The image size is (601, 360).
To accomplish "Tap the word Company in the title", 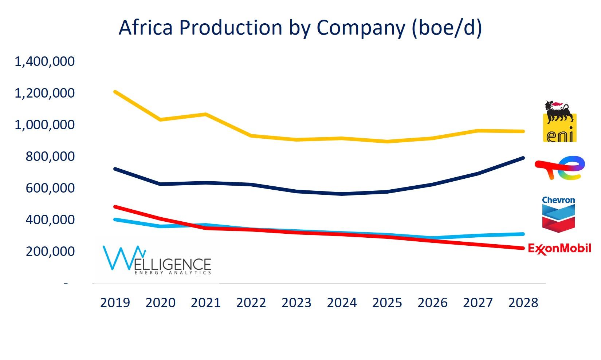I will point(360,28).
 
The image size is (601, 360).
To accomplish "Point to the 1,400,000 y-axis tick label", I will point(44,61).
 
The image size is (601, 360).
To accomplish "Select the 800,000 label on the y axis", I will point(50,157).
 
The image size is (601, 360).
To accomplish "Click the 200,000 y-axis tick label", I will point(50,252).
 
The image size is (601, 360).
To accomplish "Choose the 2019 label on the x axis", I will point(115,303).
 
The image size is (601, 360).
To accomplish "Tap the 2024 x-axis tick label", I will point(342,303).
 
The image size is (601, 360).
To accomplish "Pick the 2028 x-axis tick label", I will point(523,303).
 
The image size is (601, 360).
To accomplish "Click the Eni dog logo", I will point(559,121).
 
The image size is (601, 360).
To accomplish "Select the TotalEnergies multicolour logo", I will point(560,167).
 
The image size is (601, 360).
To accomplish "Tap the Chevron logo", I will point(558,214).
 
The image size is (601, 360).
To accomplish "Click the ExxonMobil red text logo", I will point(559,249).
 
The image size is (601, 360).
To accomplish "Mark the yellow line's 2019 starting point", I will point(115,92).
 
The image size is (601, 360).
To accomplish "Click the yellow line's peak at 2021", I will point(206,114).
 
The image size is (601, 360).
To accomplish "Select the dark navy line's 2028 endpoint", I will point(523,158).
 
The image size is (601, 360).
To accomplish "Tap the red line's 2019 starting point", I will point(115,207).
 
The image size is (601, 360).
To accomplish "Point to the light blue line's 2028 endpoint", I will point(523,234).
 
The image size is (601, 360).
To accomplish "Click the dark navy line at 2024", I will point(342,194).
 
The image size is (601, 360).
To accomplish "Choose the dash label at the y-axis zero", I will point(66,283).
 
